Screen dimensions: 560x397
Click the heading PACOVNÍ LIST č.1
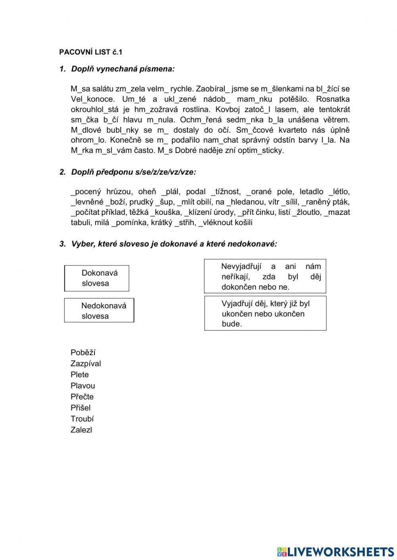[91, 52]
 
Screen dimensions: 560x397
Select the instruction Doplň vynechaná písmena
[123, 69]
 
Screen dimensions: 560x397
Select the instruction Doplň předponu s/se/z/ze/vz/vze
[133, 172]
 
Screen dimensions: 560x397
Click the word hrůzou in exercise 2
[119, 192]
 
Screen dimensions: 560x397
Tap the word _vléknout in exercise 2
[216, 223]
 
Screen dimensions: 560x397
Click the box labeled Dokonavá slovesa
[97, 278]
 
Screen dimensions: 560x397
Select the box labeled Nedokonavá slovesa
[99, 311]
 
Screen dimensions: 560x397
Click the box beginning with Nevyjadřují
[265, 277]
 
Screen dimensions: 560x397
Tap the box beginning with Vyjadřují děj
[265, 313]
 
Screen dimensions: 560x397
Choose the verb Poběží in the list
[83, 353]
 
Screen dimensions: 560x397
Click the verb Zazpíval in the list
[86, 364]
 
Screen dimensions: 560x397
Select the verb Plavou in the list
[83, 386]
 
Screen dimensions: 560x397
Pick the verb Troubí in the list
[82, 419]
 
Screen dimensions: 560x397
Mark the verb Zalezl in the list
[81, 430]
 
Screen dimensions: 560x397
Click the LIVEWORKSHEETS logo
[335, 552]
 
